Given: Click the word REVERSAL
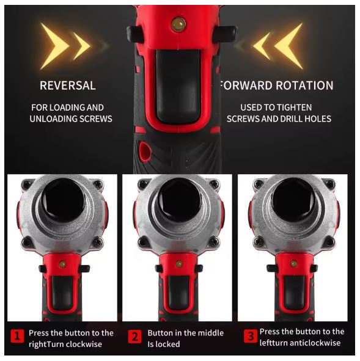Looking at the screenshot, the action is tap(68, 86).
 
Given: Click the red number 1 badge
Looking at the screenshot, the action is tap(17, 337).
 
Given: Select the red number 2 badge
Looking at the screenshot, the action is tap(134, 337).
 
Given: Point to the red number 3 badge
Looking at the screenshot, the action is tap(251, 337).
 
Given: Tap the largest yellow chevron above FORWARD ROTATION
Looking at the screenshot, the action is tap(289, 46).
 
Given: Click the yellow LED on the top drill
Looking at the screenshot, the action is tap(178, 24).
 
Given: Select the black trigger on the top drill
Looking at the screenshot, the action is tap(178, 86).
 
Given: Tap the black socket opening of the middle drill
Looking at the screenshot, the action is tap(179, 200).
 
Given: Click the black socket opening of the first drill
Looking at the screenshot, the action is tap(63, 200).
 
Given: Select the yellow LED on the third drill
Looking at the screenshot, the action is tap(293, 263).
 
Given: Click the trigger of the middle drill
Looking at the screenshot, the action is tap(178, 293).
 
